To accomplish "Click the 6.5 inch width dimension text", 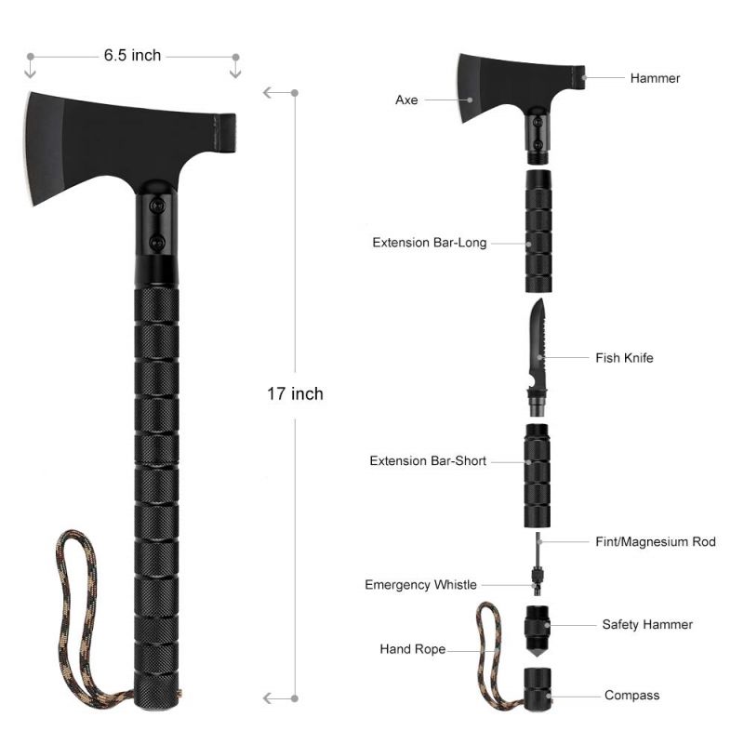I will pyautogui.click(x=132, y=56).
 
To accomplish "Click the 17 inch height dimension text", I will pyautogui.click(x=295, y=393).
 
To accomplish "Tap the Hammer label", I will pyautogui.click(x=655, y=78).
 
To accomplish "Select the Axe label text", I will pyautogui.click(x=406, y=100).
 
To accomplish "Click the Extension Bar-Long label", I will pyautogui.click(x=430, y=243).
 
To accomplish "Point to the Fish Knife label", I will pyautogui.click(x=624, y=357).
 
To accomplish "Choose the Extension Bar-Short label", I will pyautogui.click(x=428, y=460).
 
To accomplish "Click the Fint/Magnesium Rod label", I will pyautogui.click(x=656, y=541).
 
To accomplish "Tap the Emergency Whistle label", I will pyautogui.click(x=420, y=585).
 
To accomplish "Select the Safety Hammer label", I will pyautogui.click(x=647, y=625).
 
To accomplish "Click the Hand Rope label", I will pyautogui.click(x=412, y=649).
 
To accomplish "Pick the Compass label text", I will pyautogui.click(x=631, y=695).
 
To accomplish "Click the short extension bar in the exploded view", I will pyautogui.click(x=538, y=475).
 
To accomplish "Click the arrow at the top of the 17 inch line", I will pyautogui.click(x=270, y=92).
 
